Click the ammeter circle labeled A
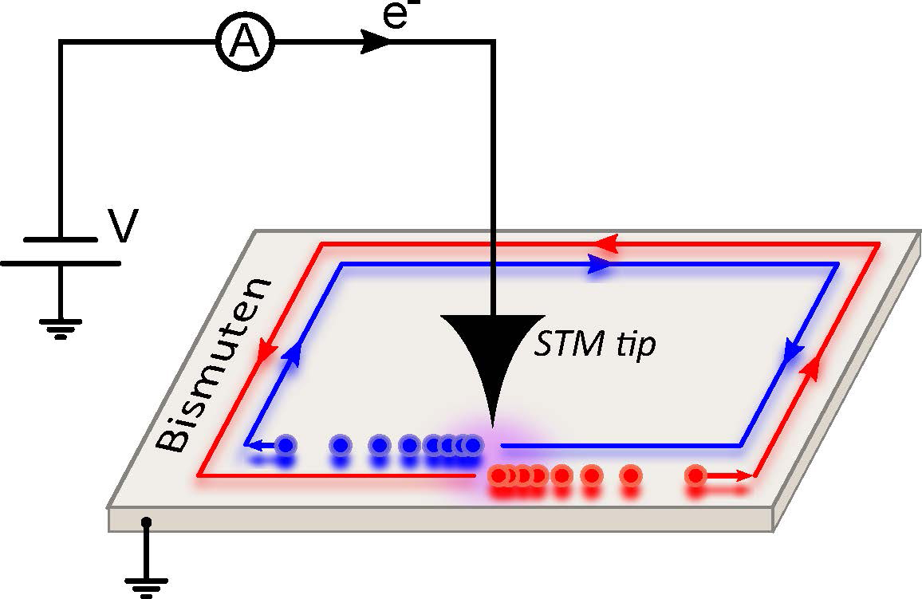pyautogui.click(x=245, y=43)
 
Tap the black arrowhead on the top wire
pyautogui.click(x=375, y=43)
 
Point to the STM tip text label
pyautogui.click(x=593, y=346)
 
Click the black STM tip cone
pyautogui.click(x=493, y=351)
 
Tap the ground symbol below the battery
pyautogui.click(x=61, y=327)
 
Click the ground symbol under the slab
pyautogui.click(x=146, y=585)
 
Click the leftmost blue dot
pyautogui.click(x=284, y=444)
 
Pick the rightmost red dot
pyautogui.click(x=695, y=476)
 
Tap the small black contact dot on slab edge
pyautogui.click(x=145, y=522)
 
